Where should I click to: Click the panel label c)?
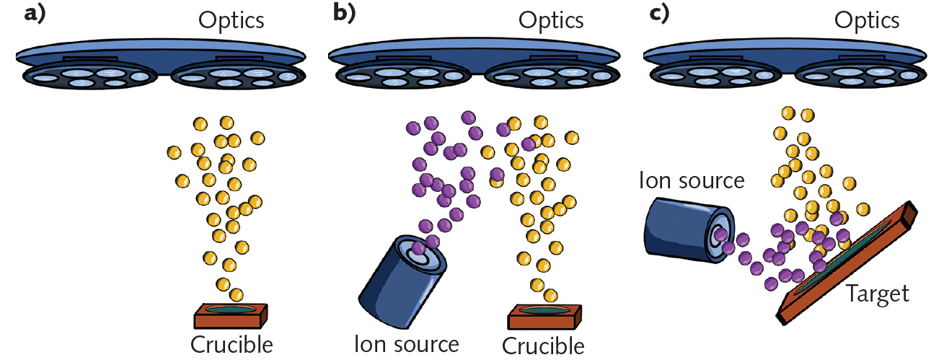(658, 15)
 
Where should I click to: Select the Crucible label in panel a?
(231, 344)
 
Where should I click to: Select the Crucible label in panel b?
(543, 345)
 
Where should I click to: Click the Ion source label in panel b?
(406, 343)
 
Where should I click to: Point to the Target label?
(877, 294)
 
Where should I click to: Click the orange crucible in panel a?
(231, 315)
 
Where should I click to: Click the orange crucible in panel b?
(544, 316)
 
